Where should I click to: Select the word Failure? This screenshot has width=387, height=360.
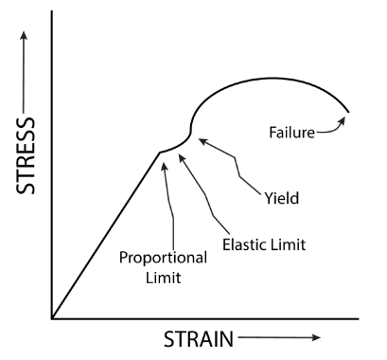click(290, 133)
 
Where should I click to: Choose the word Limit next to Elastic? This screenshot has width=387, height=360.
click(287, 243)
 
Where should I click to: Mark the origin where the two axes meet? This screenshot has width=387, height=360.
click(53, 317)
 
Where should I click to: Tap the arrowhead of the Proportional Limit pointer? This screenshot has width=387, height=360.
click(165, 161)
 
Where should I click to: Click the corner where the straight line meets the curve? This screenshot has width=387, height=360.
click(157, 152)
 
